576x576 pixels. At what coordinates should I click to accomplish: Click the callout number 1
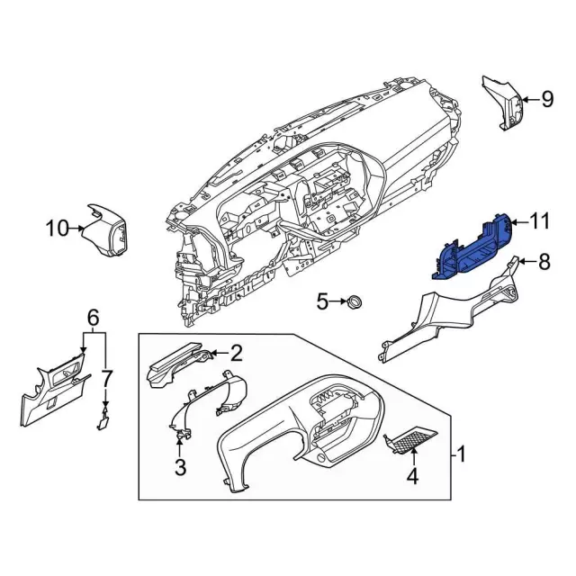(x=461, y=454)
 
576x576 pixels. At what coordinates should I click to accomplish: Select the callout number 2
(x=236, y=352)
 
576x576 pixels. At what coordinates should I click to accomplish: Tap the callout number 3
(x=180, y=466)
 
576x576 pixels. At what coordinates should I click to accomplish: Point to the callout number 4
(x=413, y=477)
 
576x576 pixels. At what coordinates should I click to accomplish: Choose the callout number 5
(x=322, y=302)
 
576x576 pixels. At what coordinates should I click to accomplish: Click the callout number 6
(x=92, y=317)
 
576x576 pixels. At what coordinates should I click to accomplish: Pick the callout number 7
(x=107, y=375)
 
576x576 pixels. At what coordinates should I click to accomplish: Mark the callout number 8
(x=544, y=262)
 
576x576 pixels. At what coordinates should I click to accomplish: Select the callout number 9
(x=546, y=99)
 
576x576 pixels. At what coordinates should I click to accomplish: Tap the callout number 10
(x=57, y=229)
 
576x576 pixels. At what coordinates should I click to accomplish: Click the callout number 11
(x=539, y=220)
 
